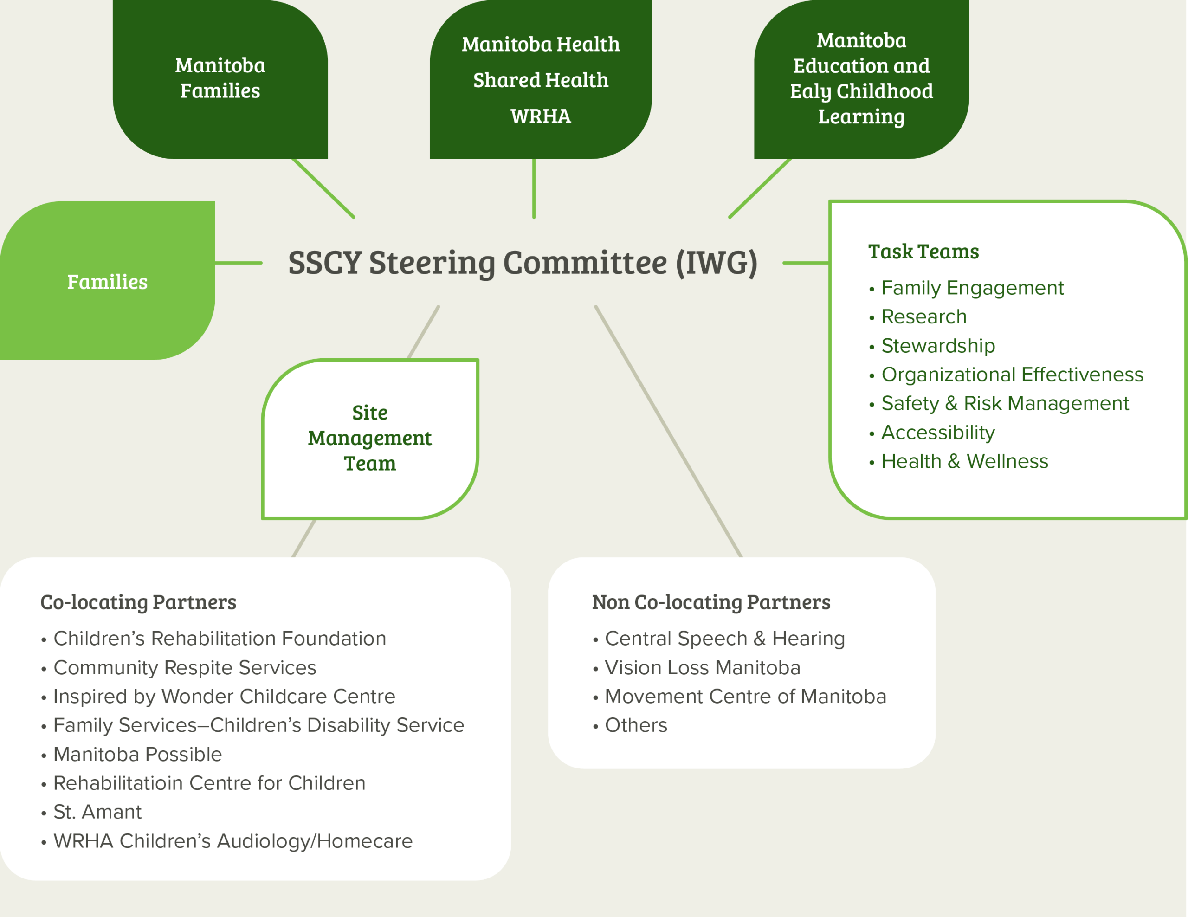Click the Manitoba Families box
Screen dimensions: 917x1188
220,78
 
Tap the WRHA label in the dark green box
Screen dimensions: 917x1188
540,116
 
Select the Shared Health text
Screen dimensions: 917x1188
540,80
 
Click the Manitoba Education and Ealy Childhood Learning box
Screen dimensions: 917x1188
861,78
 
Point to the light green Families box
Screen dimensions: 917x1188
107,281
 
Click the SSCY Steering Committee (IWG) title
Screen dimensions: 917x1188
522,263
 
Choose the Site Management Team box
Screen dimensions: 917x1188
370,439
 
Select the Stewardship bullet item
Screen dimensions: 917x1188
938,346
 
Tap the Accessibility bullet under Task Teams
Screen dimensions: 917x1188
938,433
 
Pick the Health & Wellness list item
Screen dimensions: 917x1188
964,461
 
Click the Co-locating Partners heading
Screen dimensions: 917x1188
138,602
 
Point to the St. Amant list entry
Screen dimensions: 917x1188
97,812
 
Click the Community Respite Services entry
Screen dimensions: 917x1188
184,667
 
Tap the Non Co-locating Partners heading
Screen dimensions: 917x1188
711,602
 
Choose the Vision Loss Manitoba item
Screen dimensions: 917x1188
702,667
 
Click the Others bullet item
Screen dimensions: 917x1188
636,725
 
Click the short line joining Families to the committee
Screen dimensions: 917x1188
238,263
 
